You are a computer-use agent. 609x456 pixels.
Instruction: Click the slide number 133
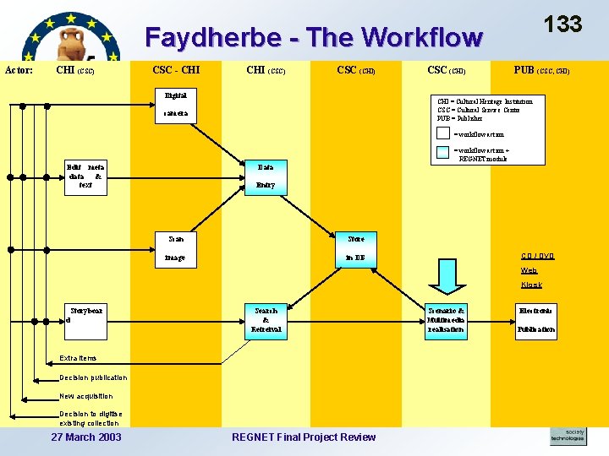click(x=562, y=23)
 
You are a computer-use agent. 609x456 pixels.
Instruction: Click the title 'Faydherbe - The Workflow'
click(x=314, y=37)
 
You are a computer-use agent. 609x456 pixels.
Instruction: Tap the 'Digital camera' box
click(x=177, y=105)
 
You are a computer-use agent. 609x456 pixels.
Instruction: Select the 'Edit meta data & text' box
click(x=85, y=177)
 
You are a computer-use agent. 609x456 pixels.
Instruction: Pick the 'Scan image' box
click(x=177, y=248)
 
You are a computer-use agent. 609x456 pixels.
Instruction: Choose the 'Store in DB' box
click(x=355, y=248)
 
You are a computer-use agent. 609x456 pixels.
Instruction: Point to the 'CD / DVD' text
click(x=537, y=256)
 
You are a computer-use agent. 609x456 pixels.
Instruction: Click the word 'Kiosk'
click(x=531, y=285)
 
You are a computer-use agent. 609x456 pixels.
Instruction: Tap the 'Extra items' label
click(x=78, y=358)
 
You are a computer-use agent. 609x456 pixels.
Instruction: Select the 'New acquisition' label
click(x=85, y=396)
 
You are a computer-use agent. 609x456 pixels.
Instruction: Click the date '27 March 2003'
click(x=86, y=437)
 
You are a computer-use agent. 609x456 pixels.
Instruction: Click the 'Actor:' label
click(x=19, y=70)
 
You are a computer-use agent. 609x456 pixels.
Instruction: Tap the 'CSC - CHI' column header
click(x=176, y=69)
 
